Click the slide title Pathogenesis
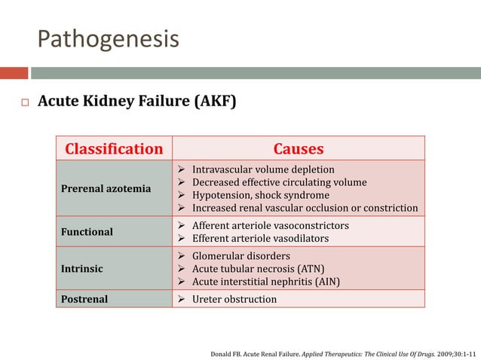coord(109,39)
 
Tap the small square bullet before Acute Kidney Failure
coord(25,102)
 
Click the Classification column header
coord(114,149)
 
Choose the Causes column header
coord(299,149)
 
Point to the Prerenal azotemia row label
coord(106,189)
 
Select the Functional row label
coord(87,232)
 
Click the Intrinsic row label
coord(82,269)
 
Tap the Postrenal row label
coord(84,299)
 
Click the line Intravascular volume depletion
coord(263,169)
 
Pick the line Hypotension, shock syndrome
coord(261,195)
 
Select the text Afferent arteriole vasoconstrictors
coord(271,225)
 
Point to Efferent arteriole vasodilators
coord(260,238)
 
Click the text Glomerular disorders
coord(241,256)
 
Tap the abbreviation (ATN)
coord(311,269)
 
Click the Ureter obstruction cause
coord(234,299)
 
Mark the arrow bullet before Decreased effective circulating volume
coord(181,182)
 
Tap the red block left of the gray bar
coord(14,73)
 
